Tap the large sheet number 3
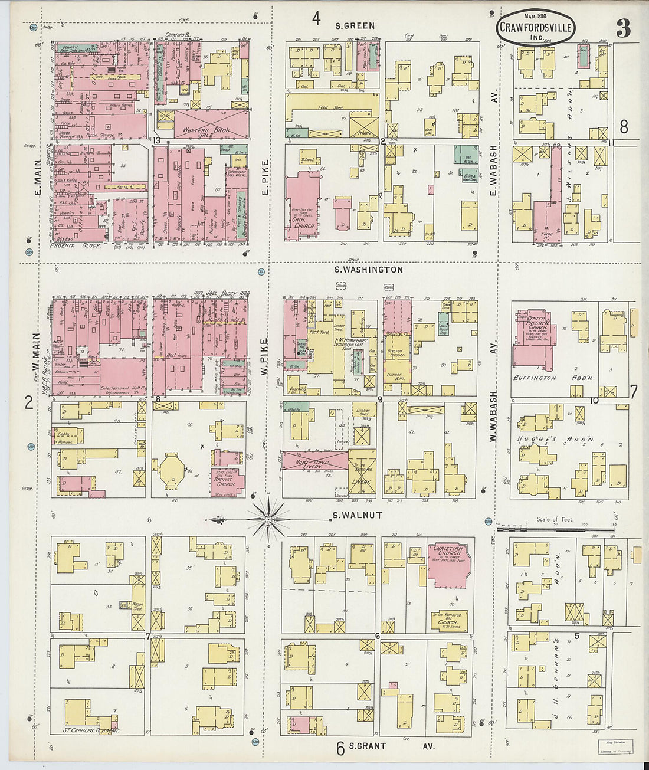click(623, 28)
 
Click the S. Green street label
click(355, 25)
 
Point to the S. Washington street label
click(369, 270)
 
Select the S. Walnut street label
click(358, 515)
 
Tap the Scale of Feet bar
click(555, 529)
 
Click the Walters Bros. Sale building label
click(201, 130)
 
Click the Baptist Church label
click(225, 481)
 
